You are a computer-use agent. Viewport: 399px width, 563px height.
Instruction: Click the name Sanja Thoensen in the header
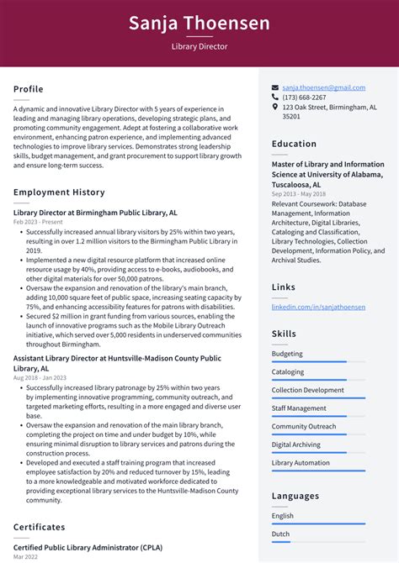point(199,23)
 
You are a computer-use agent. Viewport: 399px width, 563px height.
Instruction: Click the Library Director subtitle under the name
point(199,47)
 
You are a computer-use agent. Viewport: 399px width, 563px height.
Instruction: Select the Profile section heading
point(28,89)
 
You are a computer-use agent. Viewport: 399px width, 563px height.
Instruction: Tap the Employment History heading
point(59,192)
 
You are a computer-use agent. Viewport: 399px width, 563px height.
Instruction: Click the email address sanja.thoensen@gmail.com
point(323,87)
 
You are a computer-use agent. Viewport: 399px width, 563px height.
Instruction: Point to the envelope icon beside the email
point(275,87)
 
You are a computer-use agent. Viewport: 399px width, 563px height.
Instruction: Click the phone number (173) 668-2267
point(304,97)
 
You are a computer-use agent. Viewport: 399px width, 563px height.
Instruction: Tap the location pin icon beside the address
point(275,108)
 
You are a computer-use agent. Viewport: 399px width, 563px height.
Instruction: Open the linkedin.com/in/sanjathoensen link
point(318,308)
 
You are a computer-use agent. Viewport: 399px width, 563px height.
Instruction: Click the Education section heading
point(294,144)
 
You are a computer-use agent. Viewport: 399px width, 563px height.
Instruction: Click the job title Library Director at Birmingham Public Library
point(95,213)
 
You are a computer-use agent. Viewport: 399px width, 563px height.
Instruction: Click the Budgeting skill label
point(287,354)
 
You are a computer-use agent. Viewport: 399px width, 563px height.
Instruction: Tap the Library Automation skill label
point(301,463)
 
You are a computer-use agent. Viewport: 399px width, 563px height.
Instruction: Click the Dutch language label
point(281,534)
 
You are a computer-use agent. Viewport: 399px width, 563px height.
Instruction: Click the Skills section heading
point(283,334)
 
